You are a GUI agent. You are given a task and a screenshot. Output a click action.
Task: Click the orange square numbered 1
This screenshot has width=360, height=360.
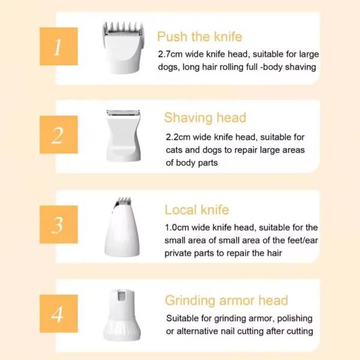59,46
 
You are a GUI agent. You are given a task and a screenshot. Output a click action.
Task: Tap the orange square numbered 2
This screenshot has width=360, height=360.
59,135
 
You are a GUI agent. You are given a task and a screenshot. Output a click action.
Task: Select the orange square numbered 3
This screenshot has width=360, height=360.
59,224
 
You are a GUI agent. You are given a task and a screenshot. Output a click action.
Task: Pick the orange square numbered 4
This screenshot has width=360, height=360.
59,314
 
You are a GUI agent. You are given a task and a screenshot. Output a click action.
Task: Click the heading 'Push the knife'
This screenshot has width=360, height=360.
200,37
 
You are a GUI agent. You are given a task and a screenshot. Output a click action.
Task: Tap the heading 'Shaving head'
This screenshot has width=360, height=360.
205,118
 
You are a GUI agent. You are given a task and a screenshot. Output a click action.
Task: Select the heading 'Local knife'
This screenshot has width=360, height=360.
197,210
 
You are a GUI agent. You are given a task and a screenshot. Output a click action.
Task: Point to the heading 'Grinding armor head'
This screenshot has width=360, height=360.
226,301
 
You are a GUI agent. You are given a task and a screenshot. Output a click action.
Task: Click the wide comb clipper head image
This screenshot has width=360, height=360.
123,47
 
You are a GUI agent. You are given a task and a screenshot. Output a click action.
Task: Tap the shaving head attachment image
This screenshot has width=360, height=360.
123,136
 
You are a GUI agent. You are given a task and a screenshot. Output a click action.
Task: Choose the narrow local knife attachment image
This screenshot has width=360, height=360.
122,227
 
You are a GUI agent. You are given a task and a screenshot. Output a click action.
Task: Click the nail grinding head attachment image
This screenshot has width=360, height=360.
122,315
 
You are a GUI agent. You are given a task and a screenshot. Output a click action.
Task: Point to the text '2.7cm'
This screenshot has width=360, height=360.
170,55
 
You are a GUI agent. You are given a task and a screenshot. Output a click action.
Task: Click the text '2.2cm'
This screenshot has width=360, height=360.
178,137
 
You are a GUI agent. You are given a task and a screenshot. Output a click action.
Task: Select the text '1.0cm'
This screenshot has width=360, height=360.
176,228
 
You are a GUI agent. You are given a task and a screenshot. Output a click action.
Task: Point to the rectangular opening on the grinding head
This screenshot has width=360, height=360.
122,295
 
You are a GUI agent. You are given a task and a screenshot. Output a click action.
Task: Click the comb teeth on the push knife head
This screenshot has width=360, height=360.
123,28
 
